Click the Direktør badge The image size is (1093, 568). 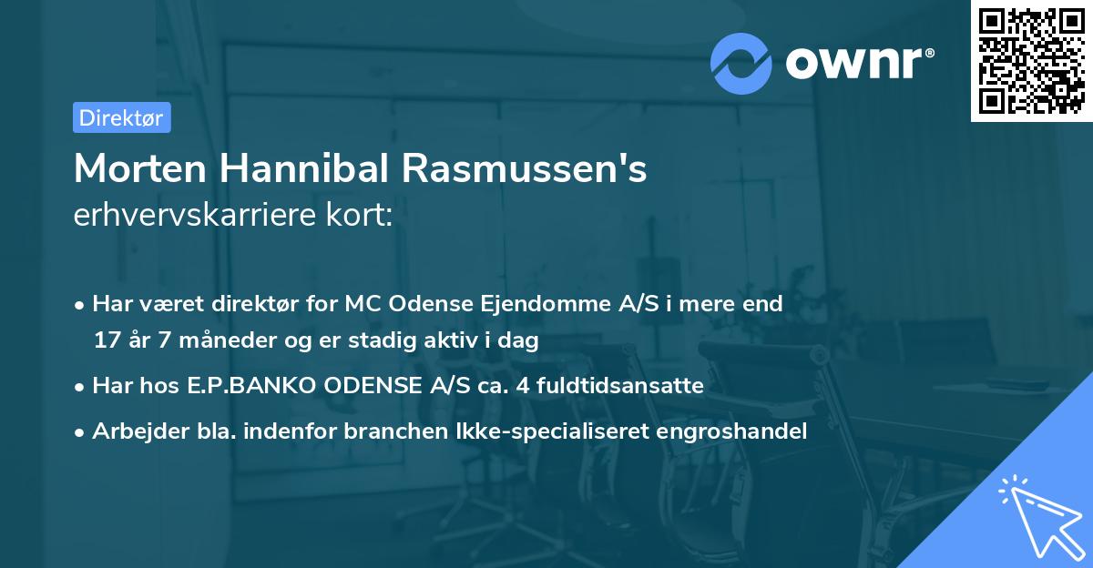coord(121,117)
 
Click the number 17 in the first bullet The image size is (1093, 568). coord(107,341)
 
